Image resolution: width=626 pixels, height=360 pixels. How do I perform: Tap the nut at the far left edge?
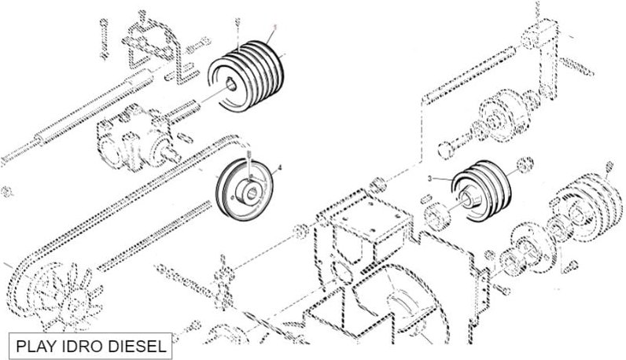(6, 189)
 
